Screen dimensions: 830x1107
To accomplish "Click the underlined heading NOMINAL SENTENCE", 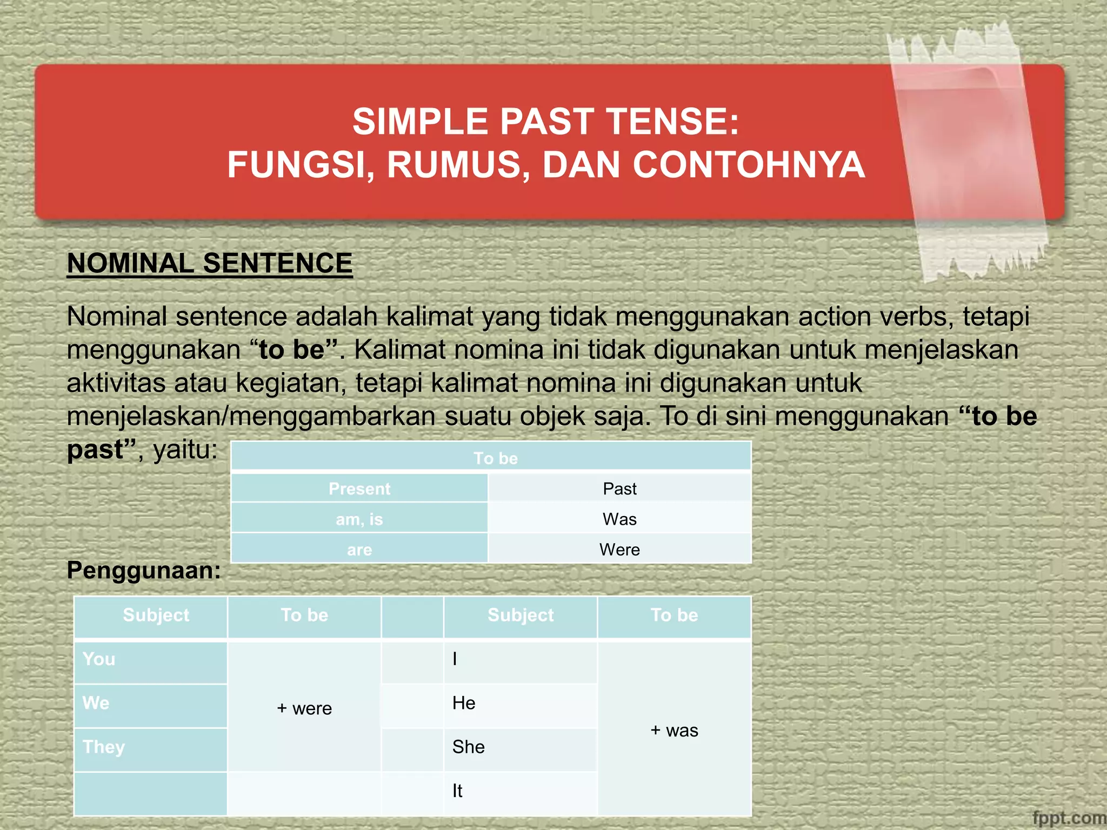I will [210, 264].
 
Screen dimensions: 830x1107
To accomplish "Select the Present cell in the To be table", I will [359, 488].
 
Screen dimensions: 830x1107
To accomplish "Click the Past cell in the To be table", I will [619, 488].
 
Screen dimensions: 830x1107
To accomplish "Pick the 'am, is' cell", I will [359, 519].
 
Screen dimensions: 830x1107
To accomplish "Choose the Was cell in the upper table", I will [619, 519].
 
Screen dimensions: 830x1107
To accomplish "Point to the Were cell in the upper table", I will [619, 550].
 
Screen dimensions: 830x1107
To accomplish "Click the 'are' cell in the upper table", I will [359, 550].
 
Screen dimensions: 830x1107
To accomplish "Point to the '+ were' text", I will [304, 708].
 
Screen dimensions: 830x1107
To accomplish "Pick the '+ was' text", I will [674, 731].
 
